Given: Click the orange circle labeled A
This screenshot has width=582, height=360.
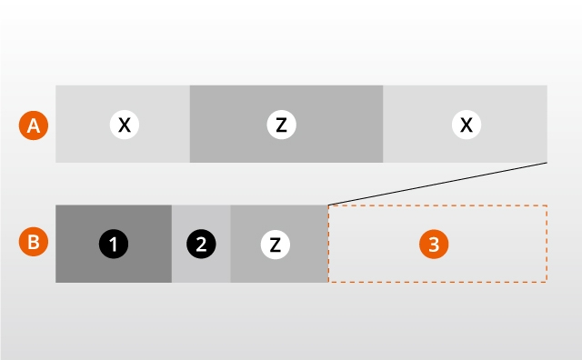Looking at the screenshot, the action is tap(34, 125).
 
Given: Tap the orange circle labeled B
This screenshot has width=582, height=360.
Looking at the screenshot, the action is tap(34, 242).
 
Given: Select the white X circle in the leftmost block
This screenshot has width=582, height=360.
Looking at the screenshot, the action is tap(125, 125).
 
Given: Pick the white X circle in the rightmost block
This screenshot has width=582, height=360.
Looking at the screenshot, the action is tap(467, 125).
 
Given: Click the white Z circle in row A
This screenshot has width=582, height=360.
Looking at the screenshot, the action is tap(281, 125).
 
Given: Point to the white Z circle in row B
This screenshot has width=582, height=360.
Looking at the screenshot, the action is tap(276, 245).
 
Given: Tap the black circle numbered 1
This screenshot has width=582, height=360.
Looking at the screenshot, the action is tap(114, 245).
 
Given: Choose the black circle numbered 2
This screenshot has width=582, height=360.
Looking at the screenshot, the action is tap(201, 245).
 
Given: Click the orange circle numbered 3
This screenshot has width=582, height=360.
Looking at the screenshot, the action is tap(434, 245).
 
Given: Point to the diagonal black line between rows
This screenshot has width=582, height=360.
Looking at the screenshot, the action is tap(437, 184).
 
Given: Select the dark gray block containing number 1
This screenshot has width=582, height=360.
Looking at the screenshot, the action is tap(114, 244).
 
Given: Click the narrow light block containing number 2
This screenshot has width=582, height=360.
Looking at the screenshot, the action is tap(201, 244).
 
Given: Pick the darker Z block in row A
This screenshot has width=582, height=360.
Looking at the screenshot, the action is tap(286, 124).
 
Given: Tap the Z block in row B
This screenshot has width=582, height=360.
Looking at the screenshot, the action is tap(279, 244).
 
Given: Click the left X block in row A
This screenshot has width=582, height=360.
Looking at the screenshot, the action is tap(123, 124).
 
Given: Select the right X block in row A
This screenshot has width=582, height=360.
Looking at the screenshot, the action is tap(465, 124).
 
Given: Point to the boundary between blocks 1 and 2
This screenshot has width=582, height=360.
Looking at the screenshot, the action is tap(172, 244).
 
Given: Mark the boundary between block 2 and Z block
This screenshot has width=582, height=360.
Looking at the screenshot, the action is tap(230, 244).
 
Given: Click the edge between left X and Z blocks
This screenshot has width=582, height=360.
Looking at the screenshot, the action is tap(190, 124).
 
